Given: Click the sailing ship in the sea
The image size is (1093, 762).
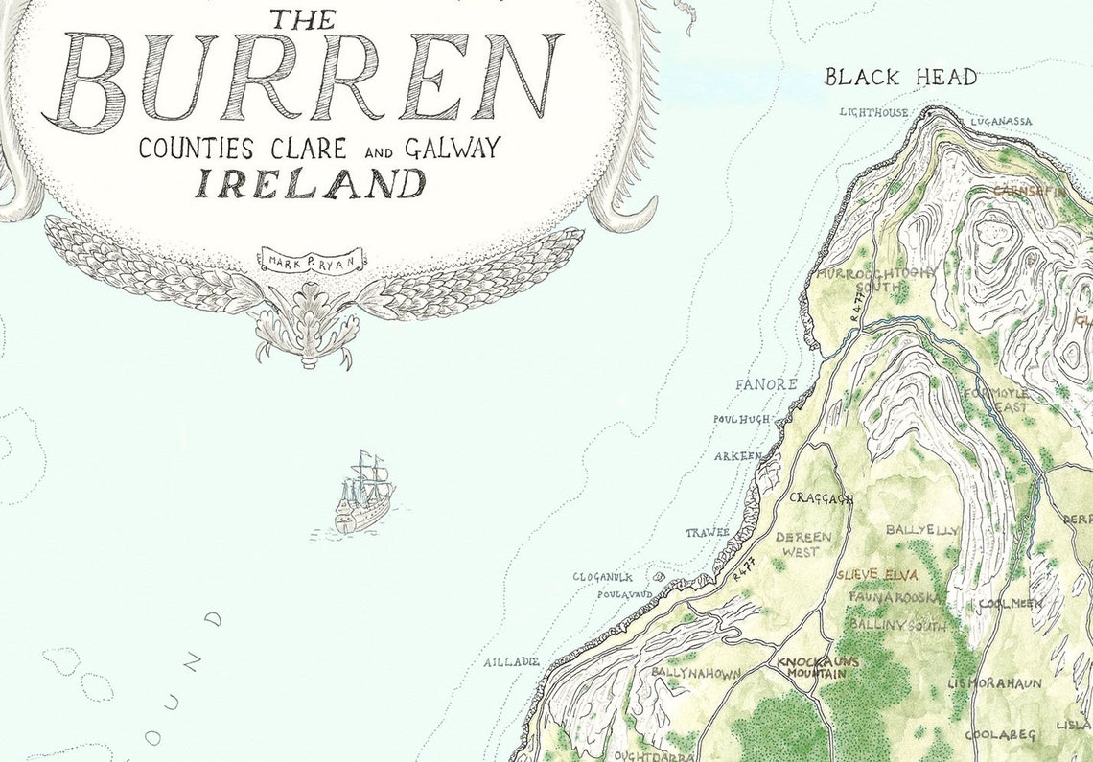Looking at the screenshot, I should pyautogui.click(x=363, y=495).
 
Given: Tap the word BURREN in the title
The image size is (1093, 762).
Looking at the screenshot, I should pyautogui.click(x=304, y=78).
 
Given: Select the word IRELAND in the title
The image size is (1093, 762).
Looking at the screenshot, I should pyautogui.click(x=311, y=182).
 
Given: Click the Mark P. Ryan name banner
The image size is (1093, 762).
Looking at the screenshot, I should pyautogui.click(x=309, y=257).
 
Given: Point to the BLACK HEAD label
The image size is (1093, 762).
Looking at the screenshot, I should pyautogui.click(x=900, y=77).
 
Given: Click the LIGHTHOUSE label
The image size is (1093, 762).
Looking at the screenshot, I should pyautogui.click(x=873, y=112).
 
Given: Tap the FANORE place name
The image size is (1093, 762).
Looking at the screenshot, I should pyautogui.click(x=766, y=384).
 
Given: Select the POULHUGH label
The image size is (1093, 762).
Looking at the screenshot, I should pyautogui.click(x=741, y=419).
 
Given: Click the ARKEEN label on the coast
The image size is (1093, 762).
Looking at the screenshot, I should pyautogui.click(x=738, y=456).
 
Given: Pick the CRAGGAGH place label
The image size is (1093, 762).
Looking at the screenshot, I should pyautogui.click(x=821, y=498).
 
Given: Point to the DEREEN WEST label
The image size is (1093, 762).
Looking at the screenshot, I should pyautogui.click(x=803, y=543).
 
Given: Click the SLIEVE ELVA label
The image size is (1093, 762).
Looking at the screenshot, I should pyautogui.click(x=876, y=576).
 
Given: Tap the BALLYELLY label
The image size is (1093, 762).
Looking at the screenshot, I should pyautogui.click(x=921, y=529).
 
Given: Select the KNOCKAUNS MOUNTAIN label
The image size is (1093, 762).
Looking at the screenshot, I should pyautogui.click(x=811, y=668).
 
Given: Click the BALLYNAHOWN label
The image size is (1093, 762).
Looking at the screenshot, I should pyautogui.click(x=696, y=674).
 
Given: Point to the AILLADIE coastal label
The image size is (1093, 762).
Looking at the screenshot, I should pyautogui.click(x=511, y=662).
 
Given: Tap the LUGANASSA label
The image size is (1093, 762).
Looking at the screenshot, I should pyautogui.click(x=1001, y=122).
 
